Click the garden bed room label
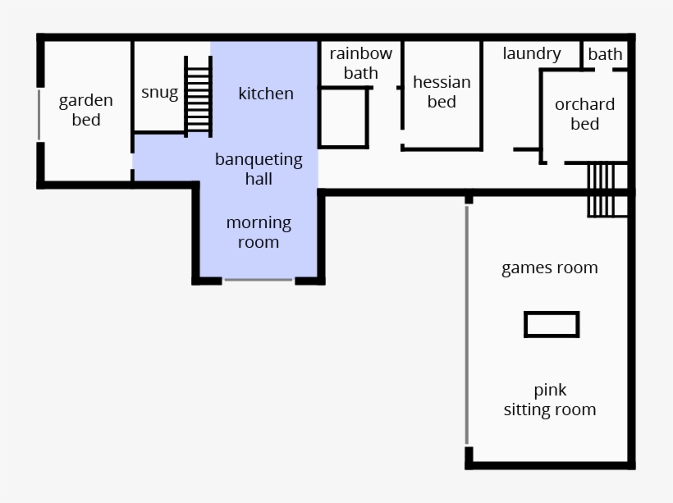click(x=85, y=110)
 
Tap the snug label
click(x=159, y=92)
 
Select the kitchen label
click(x=266, y=94)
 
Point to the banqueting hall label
click(x=259, y=169)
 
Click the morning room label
click(x=259, y=232)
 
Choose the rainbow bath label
click(x=361, y=63)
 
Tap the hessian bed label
click(x=442, y=92)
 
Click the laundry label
click(x=532, y=54)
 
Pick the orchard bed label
click(x=584, y=114)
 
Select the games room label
click(x=550, y=268)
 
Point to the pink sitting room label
click(x=550, y=400)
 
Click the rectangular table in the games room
click(x=552, y=324)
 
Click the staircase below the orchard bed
click(x=601, y=190)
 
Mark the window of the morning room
click(x=259, y=280)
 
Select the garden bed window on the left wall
click(x=39, y=114)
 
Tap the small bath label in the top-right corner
click(x=606, y=55)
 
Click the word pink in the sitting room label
click(x=550, y=390)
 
